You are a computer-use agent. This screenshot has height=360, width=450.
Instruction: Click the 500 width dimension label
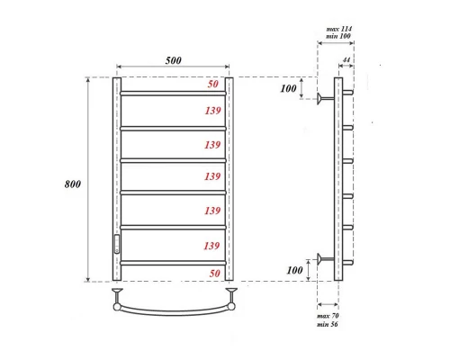[x=173, y=60]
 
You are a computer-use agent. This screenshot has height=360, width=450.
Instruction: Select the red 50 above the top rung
[x=212, y=84]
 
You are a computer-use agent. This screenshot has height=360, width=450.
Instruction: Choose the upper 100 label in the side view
[x=287, y=89]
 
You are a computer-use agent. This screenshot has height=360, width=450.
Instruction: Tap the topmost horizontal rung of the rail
[x=173, y=93]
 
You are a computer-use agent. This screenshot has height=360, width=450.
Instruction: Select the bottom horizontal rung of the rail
[x=173, y=262]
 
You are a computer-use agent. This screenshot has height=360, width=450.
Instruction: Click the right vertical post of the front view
[x=229, y=180]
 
